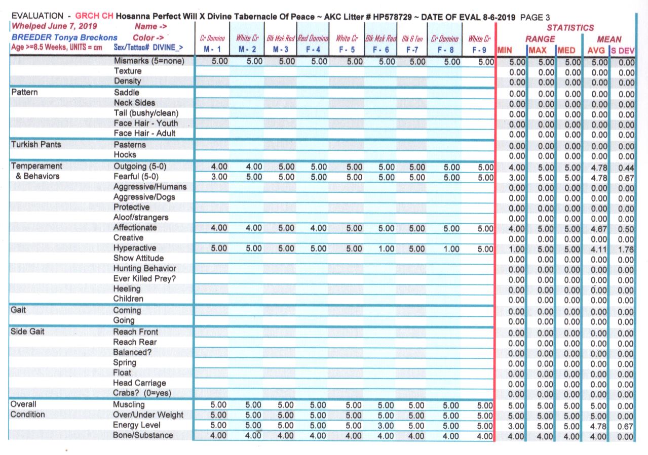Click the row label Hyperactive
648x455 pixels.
pyautogui.click(x=134, y=248)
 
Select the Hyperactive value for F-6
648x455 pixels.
pyautogui.click(x=386, y=249)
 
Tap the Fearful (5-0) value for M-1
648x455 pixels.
pyautogui.click(x=219, y=177)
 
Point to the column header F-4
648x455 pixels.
pyautogui.click(x=312, y=50)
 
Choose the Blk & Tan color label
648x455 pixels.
pyautogui.click(x=411, y=39)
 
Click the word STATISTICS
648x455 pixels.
pyautogui.click(x=570, y=28)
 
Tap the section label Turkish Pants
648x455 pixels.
pyautogui.click(x=36, y=144)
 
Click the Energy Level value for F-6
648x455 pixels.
pyautogui.click(x=386, y=425)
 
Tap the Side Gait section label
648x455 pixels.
pyautogui.click(x=26, y=332)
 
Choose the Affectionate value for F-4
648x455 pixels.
pyautogui.click(x=318, y=228)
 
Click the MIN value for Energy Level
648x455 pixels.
pyautogui.click(x=517, y=426)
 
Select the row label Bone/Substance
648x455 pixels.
pyautogui.click(x=143, y=435)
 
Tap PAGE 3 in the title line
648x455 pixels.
pyautogui.click(x=535, y=17)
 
